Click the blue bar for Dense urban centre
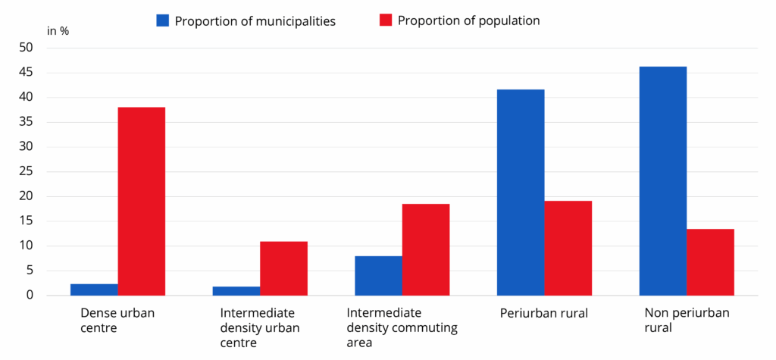coord(94,290)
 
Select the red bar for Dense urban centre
coord(141,201)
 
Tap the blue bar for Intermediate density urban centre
coord(236,291)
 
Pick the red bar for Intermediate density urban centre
coord(283,268)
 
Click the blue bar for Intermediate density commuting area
coord(378,276)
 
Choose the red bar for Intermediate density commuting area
coord(425,249)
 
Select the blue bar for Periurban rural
coord(520,193)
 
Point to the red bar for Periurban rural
coord(568,248)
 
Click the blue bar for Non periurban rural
coord(662,181)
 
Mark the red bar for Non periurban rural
coord(710,262)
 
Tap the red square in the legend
coord(385,20)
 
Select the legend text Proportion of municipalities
coord(255,21)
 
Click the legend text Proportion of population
coord(468,21)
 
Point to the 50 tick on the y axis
coord(27,48)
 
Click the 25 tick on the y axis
coord(27,171)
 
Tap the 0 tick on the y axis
coord(30,295)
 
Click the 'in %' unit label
coord(58,31)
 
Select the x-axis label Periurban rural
coord(543,312)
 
